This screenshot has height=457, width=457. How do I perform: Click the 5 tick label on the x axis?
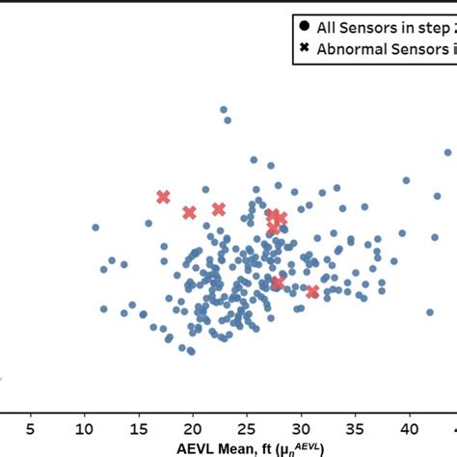pyautogui.click(x=31, y=425)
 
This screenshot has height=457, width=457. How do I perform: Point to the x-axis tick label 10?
pyautogui.click(x=85, y=425)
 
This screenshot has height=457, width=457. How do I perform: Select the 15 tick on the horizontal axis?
pyautogui.click(x=139, y=425)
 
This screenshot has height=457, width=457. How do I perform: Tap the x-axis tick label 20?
pyautogui.click(x=193, y=425)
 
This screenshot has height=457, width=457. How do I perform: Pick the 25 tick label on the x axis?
pyautogui.click(x=247, y=425)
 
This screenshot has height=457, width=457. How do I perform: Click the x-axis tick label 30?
pyautogui.click(x=302, y=425)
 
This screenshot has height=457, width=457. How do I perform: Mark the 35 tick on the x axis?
pyautogui.click(x=356, y=425)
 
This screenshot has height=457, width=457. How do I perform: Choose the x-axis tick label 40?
pyautogui.click(x=410, y=425)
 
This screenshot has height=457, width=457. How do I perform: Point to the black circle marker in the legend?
pyautogui.click(x=305, y=28)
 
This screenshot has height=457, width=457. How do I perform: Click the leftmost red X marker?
pyautogui.click(x=163, y=197)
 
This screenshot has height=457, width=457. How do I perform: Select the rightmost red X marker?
pyautogui.click(x=312, y=291)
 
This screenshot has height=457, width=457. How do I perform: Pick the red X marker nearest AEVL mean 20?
pyautogui.click(x=189, y=212)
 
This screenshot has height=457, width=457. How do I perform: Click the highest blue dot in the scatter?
pyautogui.click(x=223, y=110)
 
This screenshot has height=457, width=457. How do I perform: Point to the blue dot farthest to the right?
pyautogui.click(x=448, y=152)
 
